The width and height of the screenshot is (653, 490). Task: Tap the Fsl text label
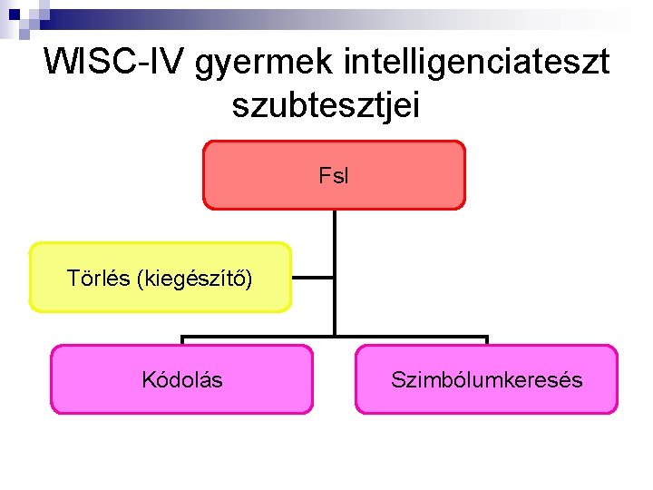point(333,176)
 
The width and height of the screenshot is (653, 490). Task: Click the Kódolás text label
point(181,380)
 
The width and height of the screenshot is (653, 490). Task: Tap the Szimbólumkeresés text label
point(486,380)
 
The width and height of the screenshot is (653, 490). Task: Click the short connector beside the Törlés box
point(312,278)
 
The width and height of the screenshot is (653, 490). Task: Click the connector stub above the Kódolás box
point(182,341)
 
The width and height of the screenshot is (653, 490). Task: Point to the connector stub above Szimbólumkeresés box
point(487,341)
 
